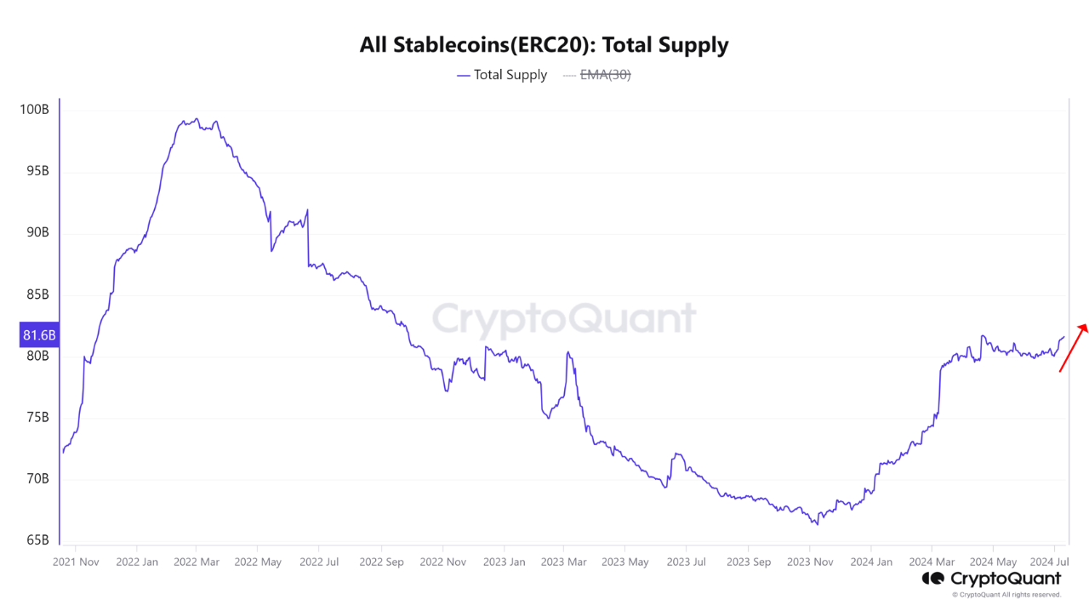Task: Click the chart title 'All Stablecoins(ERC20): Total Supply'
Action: point(544,44)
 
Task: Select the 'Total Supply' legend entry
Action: point(502,75)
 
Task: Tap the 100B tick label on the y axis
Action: point(35,110)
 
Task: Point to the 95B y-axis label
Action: point(37,171)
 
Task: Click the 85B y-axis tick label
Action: point(37,294)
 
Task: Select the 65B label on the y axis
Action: point(37,540)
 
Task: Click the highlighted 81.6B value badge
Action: point(39,335)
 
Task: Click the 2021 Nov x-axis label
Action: point(76,562)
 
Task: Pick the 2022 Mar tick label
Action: point(196,562)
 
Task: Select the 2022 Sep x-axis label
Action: point(381,562)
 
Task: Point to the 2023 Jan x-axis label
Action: point(505,562)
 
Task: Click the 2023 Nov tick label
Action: point(810,562)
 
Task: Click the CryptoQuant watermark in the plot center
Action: point(563,320)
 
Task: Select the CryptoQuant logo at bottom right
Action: point(991,579)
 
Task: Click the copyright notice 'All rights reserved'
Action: point(1006,595)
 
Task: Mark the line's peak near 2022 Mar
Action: point(197,119)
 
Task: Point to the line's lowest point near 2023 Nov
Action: point(817,524)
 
